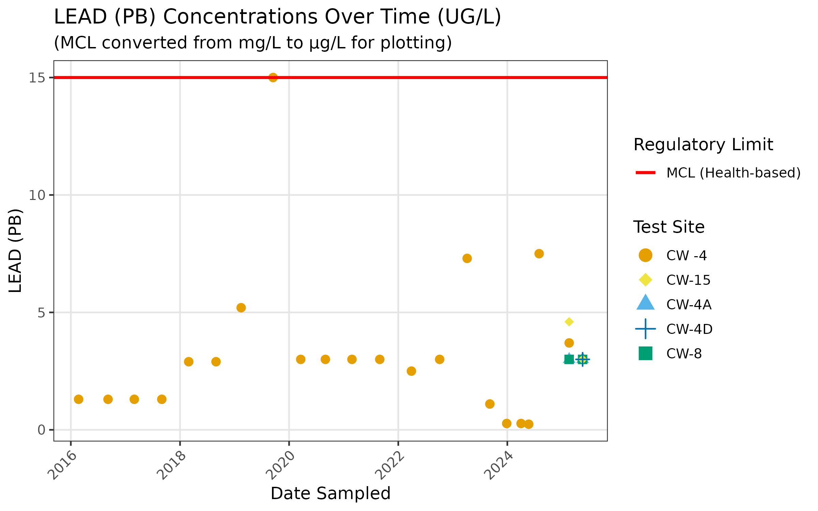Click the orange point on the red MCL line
click(x=273, y=78)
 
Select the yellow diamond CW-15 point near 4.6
click(x=569, y=322)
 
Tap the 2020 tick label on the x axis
click(x=280, y=465)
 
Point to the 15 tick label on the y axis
click(x=36, y=78)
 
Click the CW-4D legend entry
click(x=689, y=329)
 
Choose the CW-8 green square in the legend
click(x=645, y=353)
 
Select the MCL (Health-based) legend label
click(x=733, y=173)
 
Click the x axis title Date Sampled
click(x=330, y=493)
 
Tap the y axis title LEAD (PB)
click(x=15, y=250)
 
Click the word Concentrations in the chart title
click(x=296, y=17)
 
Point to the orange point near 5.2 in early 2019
click(x=241, y=308)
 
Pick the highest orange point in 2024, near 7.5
click(x=539, y=253)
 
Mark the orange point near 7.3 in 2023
click(x=467, y=259)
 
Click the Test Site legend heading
click(x=669, y=227)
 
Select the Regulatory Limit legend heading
click(x=703, y=145)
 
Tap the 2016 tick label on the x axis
click(x=62, y=465)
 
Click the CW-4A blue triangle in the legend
click(x=645, y=303)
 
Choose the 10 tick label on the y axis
click(x=36, y=196)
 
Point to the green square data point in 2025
click(x=569, y=359)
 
